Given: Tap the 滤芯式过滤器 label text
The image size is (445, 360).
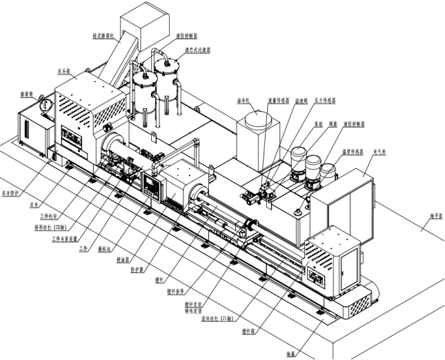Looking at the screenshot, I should coord(197,50).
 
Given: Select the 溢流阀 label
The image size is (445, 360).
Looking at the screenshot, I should coord(300,100).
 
